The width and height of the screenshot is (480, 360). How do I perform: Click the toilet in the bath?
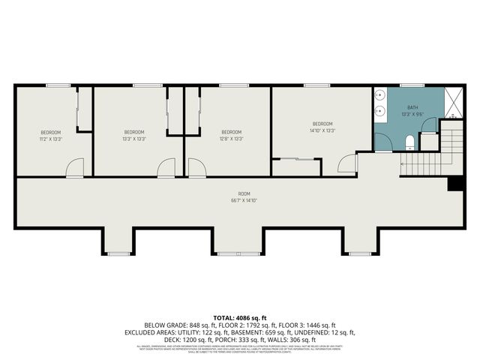coord(409,142)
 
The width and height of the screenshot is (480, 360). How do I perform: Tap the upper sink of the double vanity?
coord(380,97)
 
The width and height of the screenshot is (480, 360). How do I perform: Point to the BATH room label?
coord(412,107)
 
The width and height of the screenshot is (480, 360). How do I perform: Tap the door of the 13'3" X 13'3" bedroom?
coord(166,168)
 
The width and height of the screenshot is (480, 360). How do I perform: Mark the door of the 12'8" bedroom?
coord(196,168)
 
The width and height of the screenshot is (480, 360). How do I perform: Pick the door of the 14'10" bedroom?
coord(347,163)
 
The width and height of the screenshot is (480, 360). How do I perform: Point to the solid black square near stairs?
coord(453,184)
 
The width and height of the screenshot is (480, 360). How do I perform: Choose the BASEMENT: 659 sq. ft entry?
coord(286,331)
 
